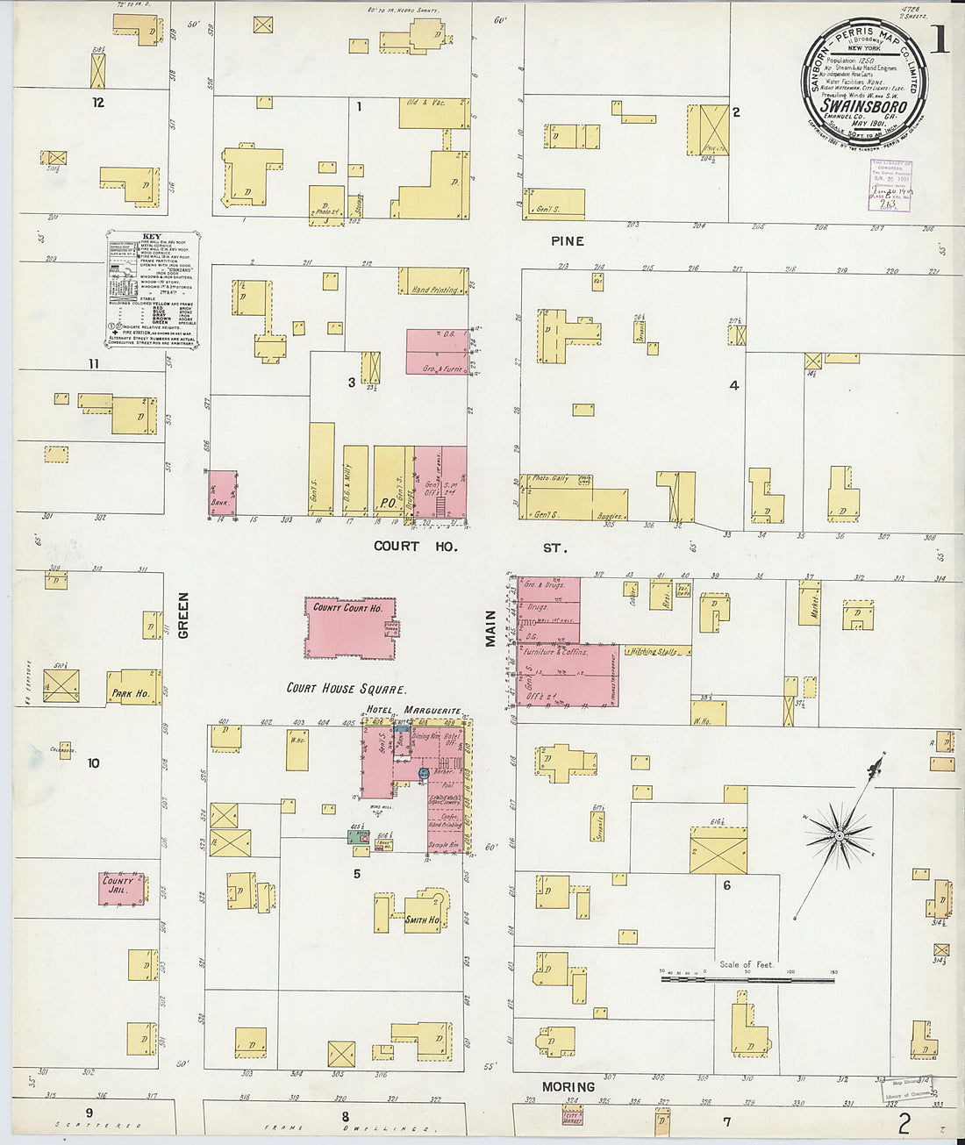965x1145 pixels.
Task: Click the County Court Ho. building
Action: coord(349,626)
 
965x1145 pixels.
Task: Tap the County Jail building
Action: coord(121,886)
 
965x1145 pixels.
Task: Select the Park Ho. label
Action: coord(130,693)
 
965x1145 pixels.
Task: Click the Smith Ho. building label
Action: coord(422,920)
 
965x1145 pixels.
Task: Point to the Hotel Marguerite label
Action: coord(413,710)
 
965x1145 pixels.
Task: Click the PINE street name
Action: coord(568,240)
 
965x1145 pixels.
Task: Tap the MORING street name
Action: coord(568,1086)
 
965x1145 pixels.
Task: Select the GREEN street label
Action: coord(184,614)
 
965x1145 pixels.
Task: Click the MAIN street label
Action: coord(491,629)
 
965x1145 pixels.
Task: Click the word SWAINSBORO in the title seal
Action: coord(864,107)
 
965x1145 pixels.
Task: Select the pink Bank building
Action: coord(223,493)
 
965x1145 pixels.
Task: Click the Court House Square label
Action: coord(347,688)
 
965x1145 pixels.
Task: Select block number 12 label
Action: coord(97,102)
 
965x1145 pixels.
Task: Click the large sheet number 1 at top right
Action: coord(939,39)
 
